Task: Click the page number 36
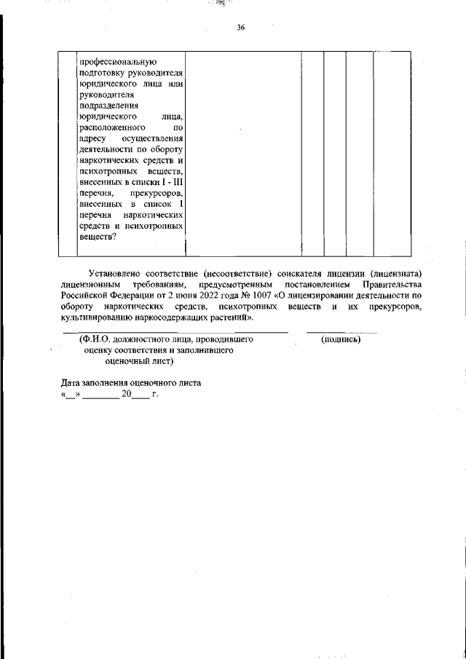click(241, 28)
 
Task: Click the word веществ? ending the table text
click(98, 236)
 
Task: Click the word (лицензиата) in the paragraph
click(396, 272)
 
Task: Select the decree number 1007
click(263, 295)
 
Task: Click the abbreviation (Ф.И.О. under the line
click(95, 339)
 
